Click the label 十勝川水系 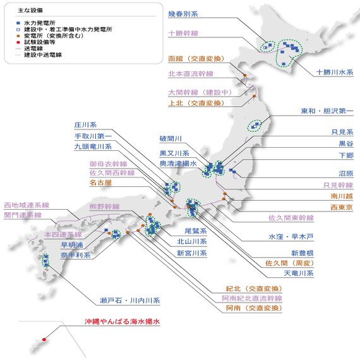pyautogui.click(x=335, y=73)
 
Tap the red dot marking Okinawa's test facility pyautogui.click(x=44, y=339)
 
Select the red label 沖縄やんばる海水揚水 pyautogui.click(x=122, y=321)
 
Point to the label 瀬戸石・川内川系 pyautogui.click(x=129, y=301)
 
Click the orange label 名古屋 pyautogui.click(x=100, y=183)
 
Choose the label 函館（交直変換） pyautogui.click(x=196, y=59)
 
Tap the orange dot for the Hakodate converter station pyautogui.click(x=245, y=75)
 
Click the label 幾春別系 pyautogui.click(x=183, y=14)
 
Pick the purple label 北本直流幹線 pyautogui.click(x=191, y=74)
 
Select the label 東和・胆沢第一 pyautogui.click(x=327, y=111)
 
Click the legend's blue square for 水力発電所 pyautogui.click(x=18, y=23)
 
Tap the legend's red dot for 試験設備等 pyautogui.click(x=18, y=42)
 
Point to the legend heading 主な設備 pyautogui.click(x=30, y=10)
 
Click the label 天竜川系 pyautogui.click(x=299, y=273)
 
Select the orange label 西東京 pyautogui.click(x=342, y=207)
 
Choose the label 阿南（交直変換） pyautogui.click(x=254, y=308)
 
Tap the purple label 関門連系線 pyautogui.click(x=23, y=215)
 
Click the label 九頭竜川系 pyautogui.click(x=93, y=147)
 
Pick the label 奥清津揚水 pyautogui.click(x=178, y=164)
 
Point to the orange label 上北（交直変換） pyautogui.click(x=196, y=104)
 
